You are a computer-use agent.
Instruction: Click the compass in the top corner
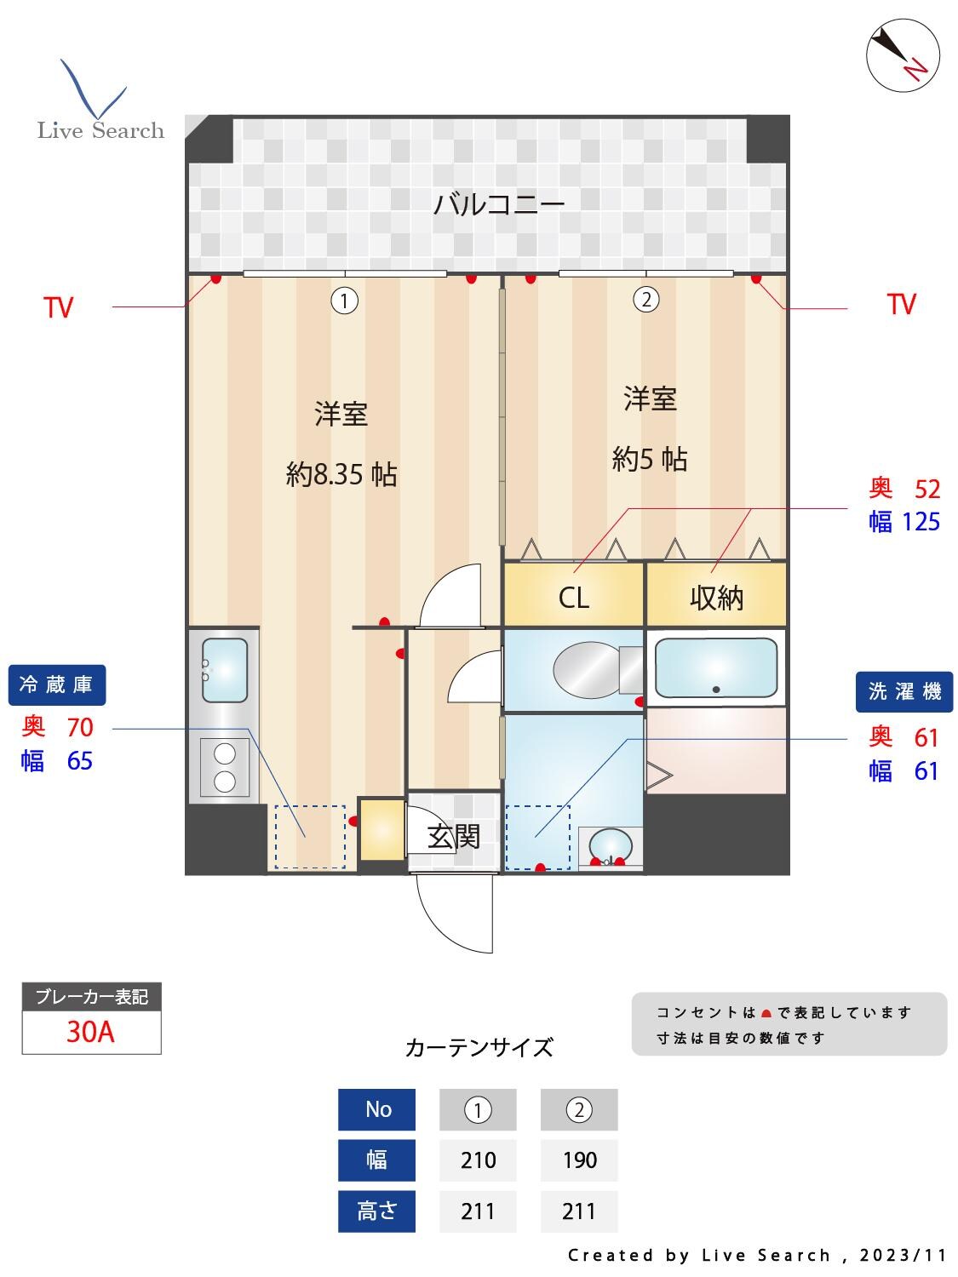[903, 54]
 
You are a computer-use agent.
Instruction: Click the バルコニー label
[499, 204]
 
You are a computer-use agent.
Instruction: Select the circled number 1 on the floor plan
[344, 301]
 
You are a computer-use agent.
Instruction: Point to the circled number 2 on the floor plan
[646, 300]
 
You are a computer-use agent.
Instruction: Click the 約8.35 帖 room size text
[341, 475]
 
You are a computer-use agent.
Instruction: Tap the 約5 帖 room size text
[650, 460]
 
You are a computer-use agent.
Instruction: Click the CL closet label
[573, 598]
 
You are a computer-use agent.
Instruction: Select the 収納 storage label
[716, 598]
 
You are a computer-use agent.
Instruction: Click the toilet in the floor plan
[588, 670]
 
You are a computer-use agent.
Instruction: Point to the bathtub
[715, 667]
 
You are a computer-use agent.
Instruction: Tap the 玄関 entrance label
[454, 837]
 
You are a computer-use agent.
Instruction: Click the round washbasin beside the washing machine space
[611, 846]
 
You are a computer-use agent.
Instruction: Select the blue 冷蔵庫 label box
[57, 684]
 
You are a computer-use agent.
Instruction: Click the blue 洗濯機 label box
[904, 692]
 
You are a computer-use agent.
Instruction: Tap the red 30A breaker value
[90, 1032]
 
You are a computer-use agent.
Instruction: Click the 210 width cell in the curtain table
[478, 1160]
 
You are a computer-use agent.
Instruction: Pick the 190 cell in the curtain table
[579, 1160]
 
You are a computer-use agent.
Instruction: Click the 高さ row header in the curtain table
[376, 1210]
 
